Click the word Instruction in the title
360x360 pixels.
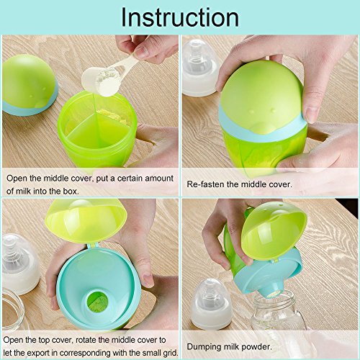180,17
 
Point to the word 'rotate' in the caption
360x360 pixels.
85,340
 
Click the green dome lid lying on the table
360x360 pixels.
30,85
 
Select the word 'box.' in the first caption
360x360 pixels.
71,192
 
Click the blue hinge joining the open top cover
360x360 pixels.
92,246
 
